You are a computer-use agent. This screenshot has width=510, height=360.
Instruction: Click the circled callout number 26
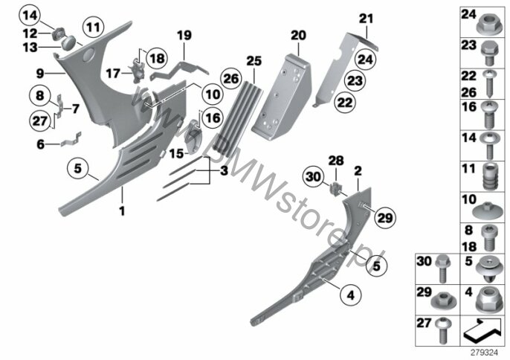click(x=231, y=78)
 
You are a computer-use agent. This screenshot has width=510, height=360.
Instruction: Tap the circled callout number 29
click(x=385, y=217)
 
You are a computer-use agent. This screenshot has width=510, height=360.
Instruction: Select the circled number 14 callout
click(x=30, y=15)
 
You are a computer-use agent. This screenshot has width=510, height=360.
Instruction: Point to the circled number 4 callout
click(x=351, y=295)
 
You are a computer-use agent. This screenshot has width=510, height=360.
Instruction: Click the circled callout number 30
click(x=313, y=177)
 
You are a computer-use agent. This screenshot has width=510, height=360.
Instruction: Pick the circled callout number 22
click(x=345, y=102)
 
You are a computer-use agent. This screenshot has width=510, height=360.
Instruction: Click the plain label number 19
click(x=184, y=35)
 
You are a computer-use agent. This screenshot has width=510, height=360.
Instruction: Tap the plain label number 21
click(x=367, y=19)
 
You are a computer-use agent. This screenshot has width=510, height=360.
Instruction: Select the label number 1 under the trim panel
click(x=122, y=211)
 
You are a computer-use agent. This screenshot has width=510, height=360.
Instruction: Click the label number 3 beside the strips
click(x=224, y=170)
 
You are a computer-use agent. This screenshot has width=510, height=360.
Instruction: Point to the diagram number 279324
click(x=485, y=353)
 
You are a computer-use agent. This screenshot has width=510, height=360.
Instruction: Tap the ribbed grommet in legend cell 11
click(x=490, y=177)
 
